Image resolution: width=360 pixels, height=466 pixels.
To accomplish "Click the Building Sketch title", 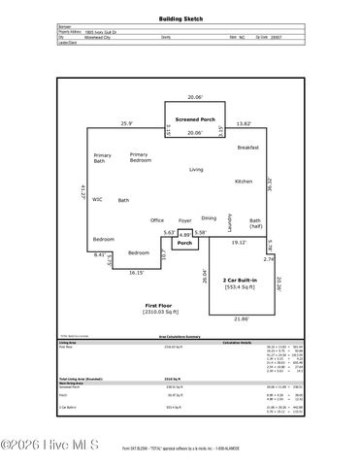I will (180, 18).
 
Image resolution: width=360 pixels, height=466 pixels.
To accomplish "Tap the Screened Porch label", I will (195, 119).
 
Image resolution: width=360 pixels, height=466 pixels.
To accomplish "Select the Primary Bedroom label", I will (139, 157).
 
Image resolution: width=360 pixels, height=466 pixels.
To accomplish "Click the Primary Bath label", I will (102, 158).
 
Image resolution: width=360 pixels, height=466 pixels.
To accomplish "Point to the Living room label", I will (196, 169).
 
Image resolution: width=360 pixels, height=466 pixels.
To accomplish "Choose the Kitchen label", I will (243, 182).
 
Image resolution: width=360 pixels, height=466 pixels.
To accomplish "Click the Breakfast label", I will (247, 147).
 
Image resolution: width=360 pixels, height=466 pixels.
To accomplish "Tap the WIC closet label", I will (97, 199).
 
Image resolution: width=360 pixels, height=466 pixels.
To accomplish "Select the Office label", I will (156, 220).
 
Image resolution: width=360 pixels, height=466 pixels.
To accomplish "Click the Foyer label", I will (184, 220).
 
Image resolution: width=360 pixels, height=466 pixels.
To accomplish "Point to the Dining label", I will (209, 217).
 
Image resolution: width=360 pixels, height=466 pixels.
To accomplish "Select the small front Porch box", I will (184, 243).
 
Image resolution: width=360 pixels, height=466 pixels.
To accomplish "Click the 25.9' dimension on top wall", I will (126, 123).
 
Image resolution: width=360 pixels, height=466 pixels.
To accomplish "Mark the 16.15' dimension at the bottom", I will (138, 273).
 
